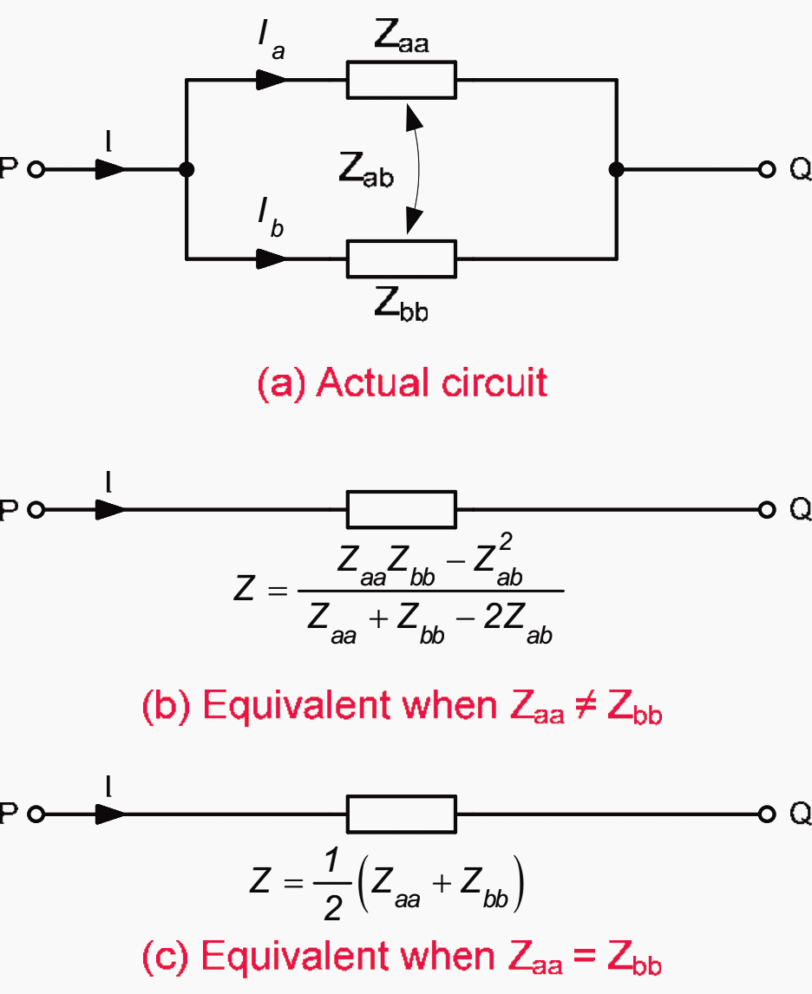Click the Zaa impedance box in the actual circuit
click(402, 80)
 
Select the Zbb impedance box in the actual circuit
click(402, 258)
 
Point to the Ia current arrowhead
click(272, 80)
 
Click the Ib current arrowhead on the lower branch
click(272, 258)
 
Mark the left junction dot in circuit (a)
click(186, 169)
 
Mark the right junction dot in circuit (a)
click(617, 169)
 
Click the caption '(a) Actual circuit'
click(403, 383)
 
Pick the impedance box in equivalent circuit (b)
click(402, 509)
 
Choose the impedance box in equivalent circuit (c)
click(402, 814)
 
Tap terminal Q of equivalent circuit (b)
click(766, 510)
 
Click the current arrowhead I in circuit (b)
click(110, 510)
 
